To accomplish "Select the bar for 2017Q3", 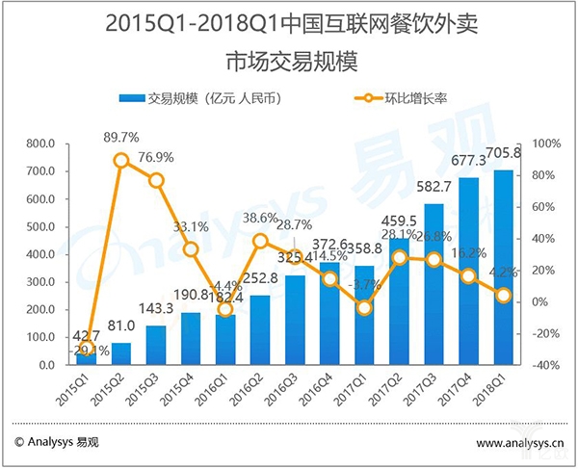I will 433,285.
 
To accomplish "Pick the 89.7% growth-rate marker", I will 121,160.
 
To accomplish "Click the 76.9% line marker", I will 156,180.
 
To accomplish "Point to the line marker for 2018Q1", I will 503,296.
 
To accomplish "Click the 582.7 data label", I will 433,185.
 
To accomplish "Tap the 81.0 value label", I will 121,327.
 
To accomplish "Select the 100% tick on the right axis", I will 539,144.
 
